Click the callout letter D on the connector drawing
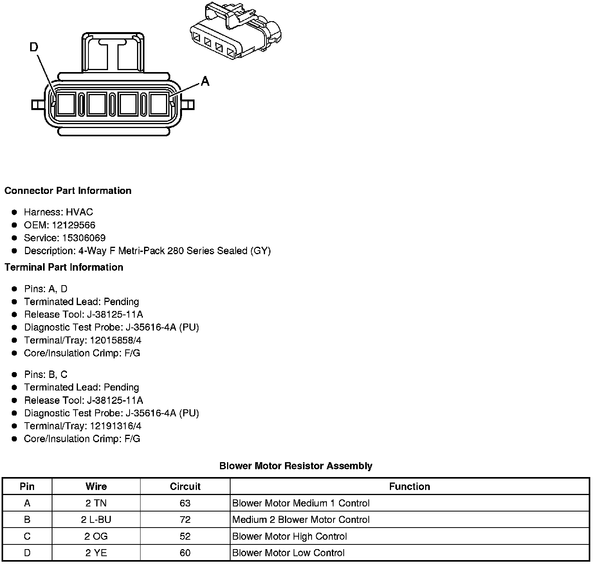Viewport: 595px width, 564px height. click(34, 47)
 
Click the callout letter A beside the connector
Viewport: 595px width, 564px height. click(205, 81)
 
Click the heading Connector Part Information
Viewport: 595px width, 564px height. click(68, 191)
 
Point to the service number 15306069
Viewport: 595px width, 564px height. click(84, 238)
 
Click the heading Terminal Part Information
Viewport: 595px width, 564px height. click(64, 268)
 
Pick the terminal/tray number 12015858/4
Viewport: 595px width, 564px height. click(115, 340)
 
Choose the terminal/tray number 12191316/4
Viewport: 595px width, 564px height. click(115, 426)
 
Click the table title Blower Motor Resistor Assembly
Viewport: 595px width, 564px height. click(296, 466)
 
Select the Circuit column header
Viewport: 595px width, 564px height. click(185, 486)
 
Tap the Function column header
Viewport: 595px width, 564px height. click(409, 486)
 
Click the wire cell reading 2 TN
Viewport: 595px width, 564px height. click(96, 503)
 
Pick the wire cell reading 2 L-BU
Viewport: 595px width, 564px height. click(96, 520)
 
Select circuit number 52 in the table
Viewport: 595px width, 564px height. click(185, 537)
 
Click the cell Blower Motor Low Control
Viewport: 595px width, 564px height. click(288, 553)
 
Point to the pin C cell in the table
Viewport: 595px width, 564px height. click(27, 537)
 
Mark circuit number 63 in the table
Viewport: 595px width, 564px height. click(185, 503)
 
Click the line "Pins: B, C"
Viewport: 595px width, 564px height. click(46, 375)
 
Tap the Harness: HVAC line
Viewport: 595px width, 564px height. click(58, 212)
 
